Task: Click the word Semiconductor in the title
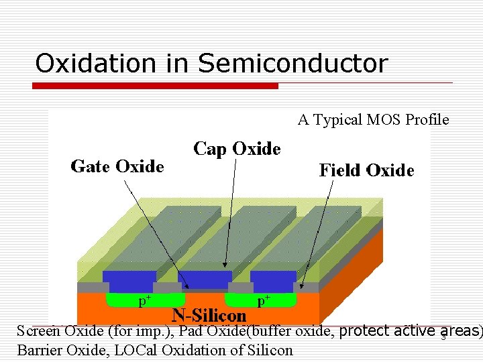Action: (293, 64)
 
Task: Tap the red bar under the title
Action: (156, 86)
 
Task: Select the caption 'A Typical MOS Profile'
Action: (373, 120)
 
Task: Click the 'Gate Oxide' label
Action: (117, 166)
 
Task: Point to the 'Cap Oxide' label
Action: (237, 149)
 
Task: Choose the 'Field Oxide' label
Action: (366, 170)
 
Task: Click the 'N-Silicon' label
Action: (209, 314)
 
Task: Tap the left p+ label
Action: (144, 301)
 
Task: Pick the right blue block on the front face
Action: (273, 280)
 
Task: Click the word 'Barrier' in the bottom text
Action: (38, 350)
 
